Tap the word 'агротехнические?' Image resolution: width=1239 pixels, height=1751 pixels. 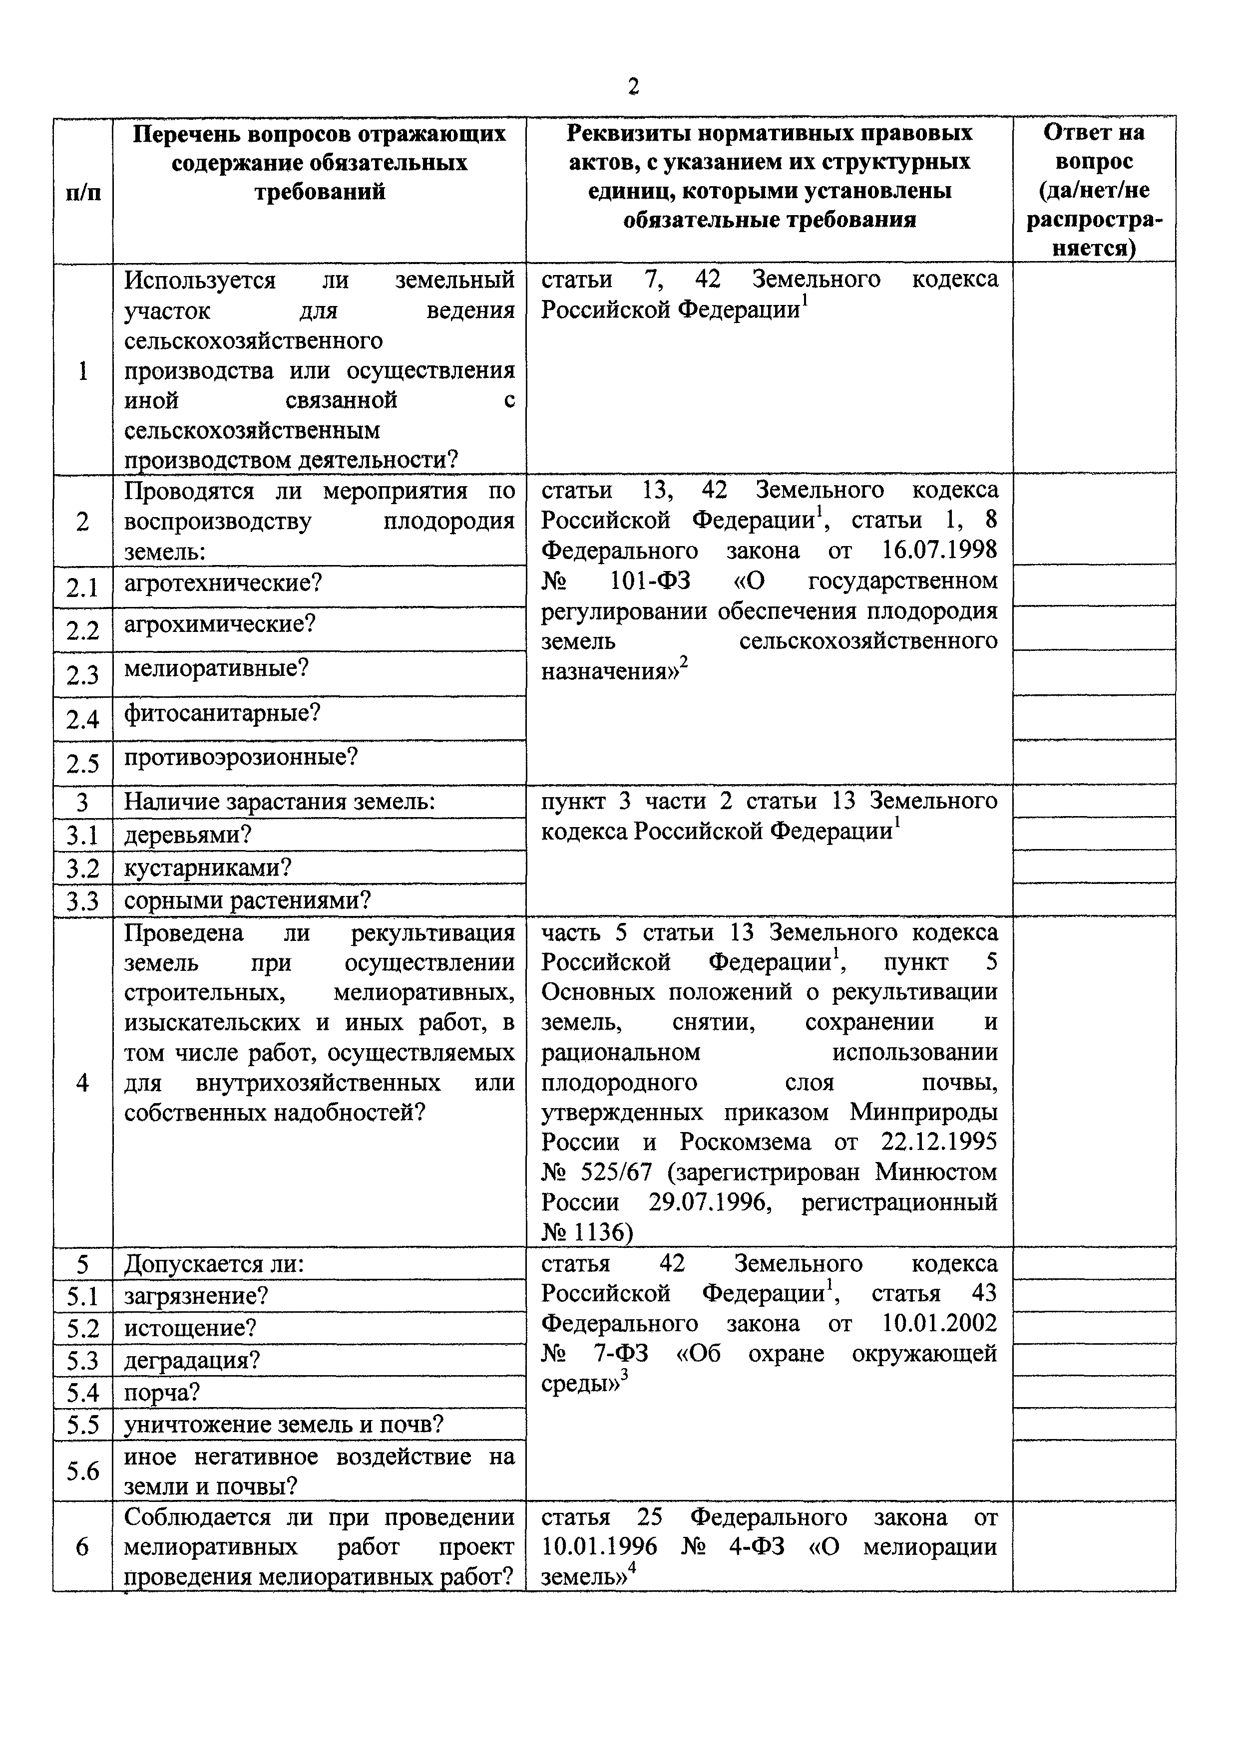click(223, 584)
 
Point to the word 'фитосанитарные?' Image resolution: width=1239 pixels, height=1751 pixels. click(222, 713)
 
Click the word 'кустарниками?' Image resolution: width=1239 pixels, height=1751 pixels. click(208, 868)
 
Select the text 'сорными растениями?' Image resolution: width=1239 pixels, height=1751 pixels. click(247, 900)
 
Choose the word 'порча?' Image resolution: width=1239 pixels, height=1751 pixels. click(162, 1393)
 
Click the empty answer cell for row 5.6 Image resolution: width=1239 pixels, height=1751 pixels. click(1093, 1470)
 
